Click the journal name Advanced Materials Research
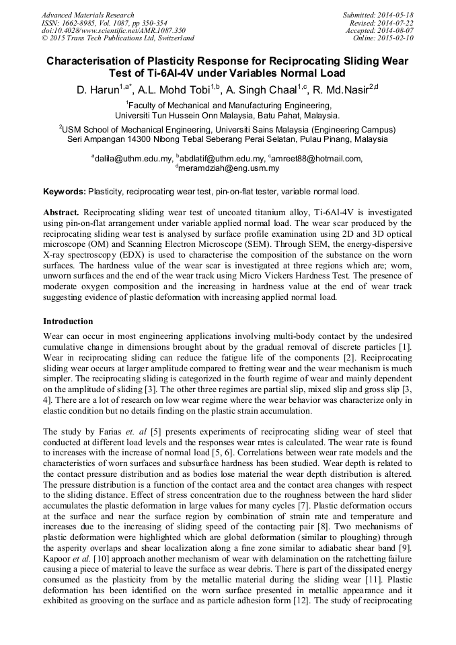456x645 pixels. click(87, 15)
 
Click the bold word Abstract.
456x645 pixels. click(62, 211)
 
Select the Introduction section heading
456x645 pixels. click(68, 321)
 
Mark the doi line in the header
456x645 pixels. click(114, 30)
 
